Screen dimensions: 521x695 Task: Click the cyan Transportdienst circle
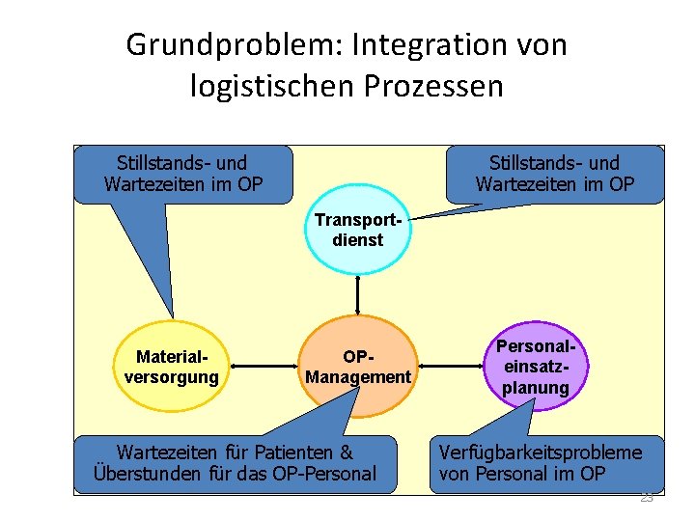pos(357,230)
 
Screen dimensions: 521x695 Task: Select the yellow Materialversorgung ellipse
pos(171,367)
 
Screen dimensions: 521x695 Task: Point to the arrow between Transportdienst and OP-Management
pos(358,293)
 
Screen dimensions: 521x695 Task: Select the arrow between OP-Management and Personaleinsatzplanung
pos(450,367)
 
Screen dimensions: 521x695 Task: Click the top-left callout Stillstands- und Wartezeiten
pos(181,173)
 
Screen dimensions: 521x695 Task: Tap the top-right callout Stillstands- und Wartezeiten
pos(554,173)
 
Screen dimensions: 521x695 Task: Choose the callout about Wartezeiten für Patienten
pos(235,463)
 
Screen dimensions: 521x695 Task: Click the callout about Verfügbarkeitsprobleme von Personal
pos(546,463)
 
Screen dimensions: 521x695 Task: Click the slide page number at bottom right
pos(647,498)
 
